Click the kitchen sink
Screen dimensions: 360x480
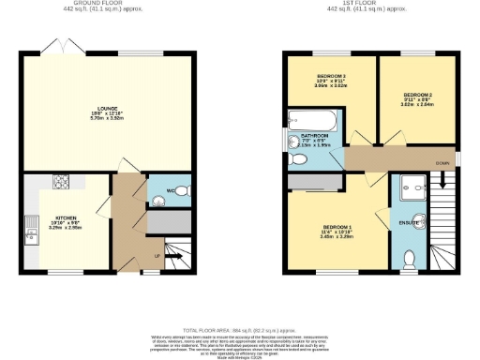click(32, 224)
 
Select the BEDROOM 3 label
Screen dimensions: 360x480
click(331, 75)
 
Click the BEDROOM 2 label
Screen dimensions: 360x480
click(417, 95)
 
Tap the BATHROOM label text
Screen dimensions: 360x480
click(312, 136)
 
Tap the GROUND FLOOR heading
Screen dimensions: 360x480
click(110, 4)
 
